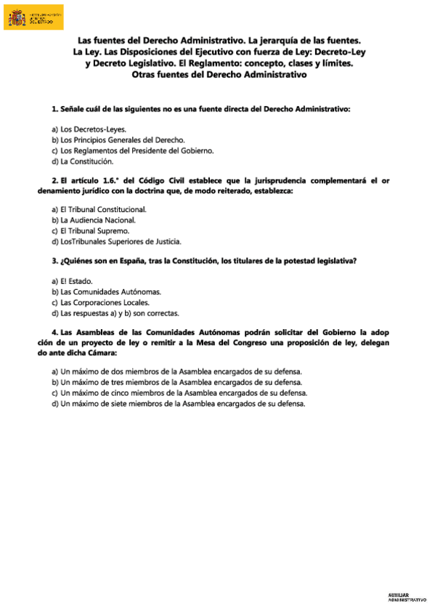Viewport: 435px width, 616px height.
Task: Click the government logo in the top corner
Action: (x=36, y=17)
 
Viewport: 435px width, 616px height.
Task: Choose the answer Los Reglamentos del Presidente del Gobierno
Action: (x=132, y=150)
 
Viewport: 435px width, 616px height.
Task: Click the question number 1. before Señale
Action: (x=55, y=109)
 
